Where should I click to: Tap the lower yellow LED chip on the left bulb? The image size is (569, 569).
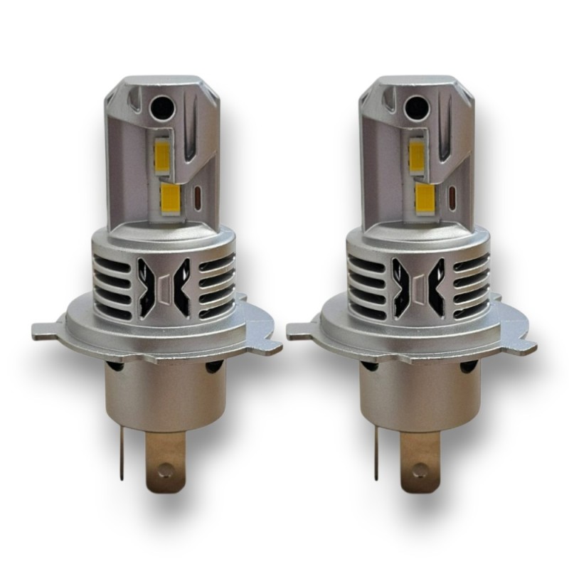pos(173,193)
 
